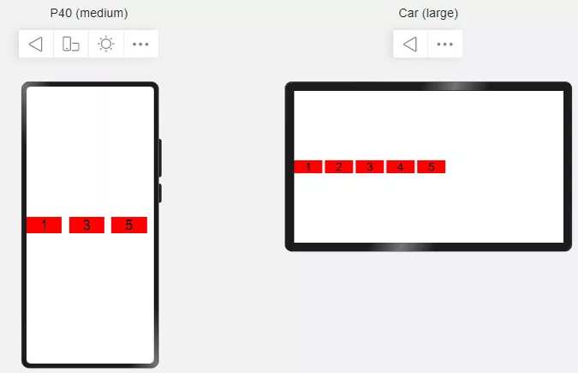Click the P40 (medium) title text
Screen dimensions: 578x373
click(x=89, y=14)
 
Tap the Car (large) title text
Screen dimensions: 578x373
click(x=428, y=14)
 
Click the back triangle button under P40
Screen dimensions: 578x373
click(x=36, y=44)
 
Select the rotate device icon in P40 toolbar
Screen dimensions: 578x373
click(x=71, y=44)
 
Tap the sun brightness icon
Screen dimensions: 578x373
click(x=106, y=44)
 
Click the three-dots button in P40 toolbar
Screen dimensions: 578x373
click(x=140, y=44)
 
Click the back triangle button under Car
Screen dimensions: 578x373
click(x=410, y=44)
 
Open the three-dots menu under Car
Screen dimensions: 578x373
click(x=445, y=44)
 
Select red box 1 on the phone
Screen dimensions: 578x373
click(x=44, y=225)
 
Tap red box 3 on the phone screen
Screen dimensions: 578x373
click(x=86, y=225)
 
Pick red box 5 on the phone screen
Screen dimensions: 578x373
click(x=129, y=225)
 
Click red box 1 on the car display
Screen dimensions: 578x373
click(x=308, y=166)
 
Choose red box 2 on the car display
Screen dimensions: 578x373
click(x=339, y=166)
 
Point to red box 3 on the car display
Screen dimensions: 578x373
click(x=370, y=166)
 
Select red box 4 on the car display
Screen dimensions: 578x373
click(x=401, y=166)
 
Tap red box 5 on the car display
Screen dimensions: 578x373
click(x=432, y=166)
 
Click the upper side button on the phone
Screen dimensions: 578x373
click(x=160, y=158)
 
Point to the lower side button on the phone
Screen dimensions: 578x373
click(x=160, y=193)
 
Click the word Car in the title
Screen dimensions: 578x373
click(x=408, y=14)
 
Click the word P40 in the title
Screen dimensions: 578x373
click(x=61, y=14)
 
